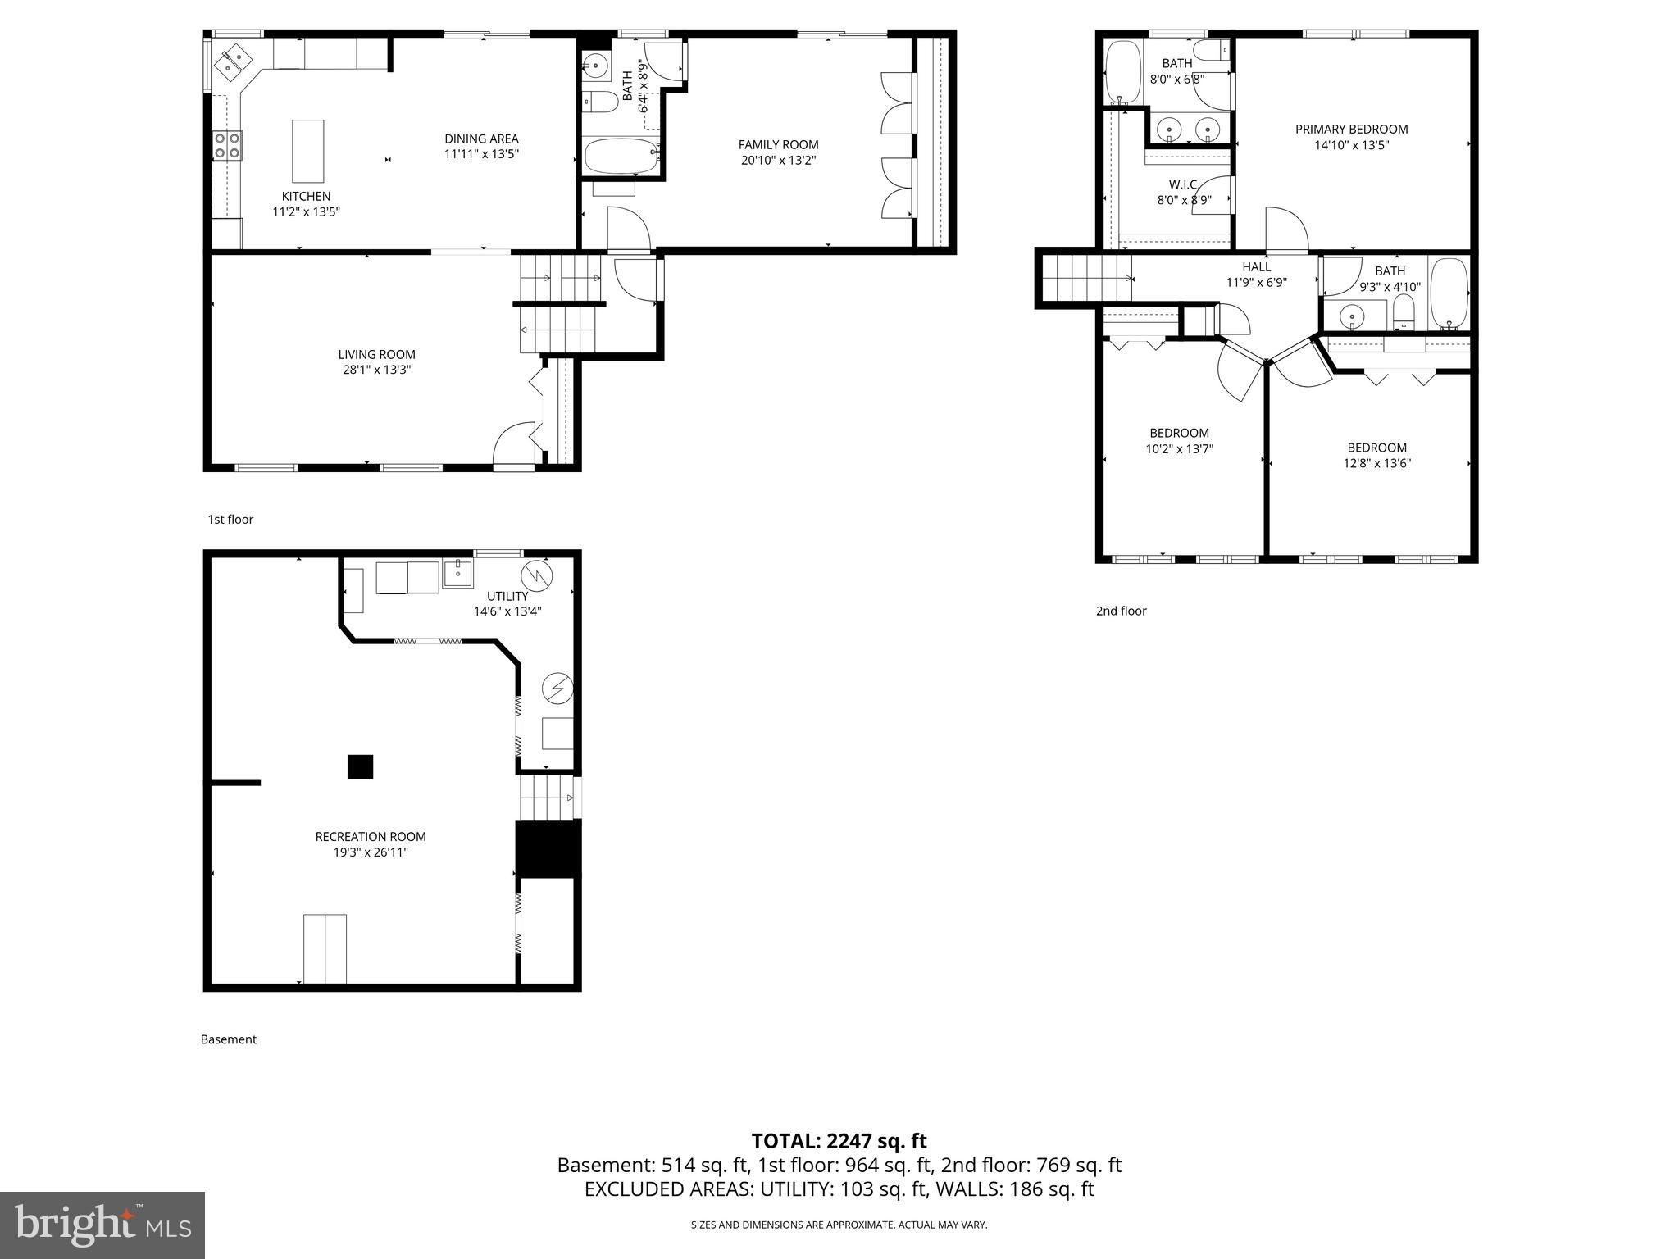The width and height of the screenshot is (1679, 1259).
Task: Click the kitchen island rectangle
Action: [308, 152]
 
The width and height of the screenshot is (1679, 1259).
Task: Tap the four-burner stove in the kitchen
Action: [227, 145]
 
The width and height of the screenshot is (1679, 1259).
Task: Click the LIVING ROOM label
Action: [376, 354]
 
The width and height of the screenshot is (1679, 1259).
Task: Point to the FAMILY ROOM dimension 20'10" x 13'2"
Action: [778, 161]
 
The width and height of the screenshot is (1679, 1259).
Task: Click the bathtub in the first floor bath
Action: [621, 155]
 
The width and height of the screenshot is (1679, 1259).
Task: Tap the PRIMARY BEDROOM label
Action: [1351, 129]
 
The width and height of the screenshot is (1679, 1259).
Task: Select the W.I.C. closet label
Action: [1184, 184]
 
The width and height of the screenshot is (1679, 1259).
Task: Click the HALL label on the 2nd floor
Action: [1256, 266]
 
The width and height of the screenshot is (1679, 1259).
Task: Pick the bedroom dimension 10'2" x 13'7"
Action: [1179, 449]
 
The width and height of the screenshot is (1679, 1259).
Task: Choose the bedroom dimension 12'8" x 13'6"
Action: [1376, 463]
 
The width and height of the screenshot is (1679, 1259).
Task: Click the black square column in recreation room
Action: [361, 766]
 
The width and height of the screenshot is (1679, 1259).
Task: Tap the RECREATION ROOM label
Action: [371, 837]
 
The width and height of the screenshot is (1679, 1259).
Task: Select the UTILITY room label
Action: [507, 596]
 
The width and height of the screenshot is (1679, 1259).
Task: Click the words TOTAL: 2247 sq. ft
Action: [839, 1141]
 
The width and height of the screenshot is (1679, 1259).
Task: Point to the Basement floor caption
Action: [229, 1039]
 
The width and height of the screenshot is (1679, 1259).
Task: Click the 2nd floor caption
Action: [1121, 611]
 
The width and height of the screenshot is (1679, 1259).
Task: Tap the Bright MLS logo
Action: [102, 1225]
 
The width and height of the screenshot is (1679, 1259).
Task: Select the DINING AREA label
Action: [481, 139]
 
